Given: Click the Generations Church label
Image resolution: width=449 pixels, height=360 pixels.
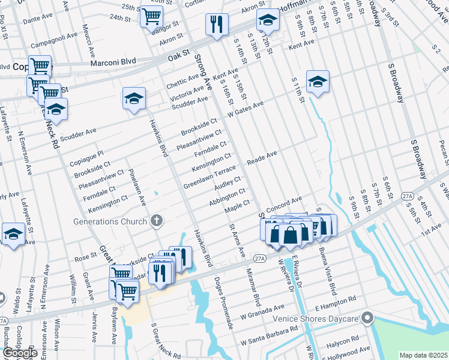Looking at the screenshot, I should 110,221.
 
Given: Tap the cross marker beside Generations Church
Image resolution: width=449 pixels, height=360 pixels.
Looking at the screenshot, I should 156,221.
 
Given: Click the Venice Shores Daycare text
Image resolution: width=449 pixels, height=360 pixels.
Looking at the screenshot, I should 316,319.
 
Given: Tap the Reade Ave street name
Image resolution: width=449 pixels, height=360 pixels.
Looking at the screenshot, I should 263,158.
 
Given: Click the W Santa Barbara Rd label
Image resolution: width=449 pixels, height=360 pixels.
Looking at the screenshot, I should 269,336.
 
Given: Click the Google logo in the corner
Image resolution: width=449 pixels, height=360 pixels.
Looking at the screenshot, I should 20,352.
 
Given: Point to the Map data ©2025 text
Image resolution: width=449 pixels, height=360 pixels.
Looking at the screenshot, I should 423,355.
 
